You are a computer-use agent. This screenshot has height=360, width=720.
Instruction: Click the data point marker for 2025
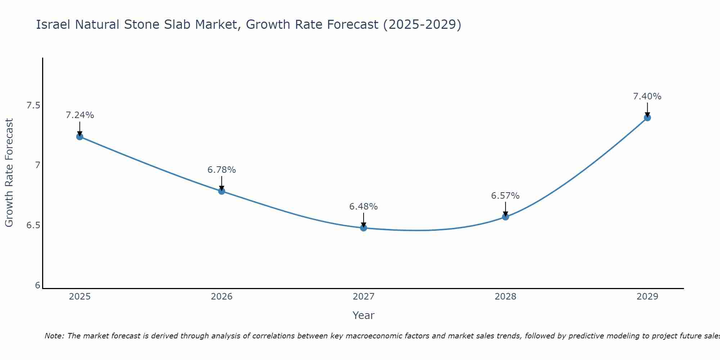[x=80, y=136]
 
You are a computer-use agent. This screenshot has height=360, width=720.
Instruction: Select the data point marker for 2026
[x=221, y=191]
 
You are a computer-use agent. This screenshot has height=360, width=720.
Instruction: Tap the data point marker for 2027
[x=363, y=228]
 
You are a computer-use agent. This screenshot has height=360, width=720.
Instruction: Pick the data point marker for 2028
[x=505, y=217]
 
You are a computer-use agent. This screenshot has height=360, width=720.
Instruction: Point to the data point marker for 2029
[x=647, y=117]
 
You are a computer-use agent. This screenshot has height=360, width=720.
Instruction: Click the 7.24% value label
[x=80, y=115]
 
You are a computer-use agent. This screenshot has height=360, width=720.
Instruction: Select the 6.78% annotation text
[x=221, y=170]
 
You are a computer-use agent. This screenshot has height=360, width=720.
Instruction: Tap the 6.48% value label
[x=363, y=207]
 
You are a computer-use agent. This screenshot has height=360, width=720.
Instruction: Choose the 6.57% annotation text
[x=505, y=196]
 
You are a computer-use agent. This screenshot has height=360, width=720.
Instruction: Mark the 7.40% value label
[x=647, y=96]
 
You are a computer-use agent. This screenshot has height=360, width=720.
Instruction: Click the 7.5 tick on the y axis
[x=33, y=105]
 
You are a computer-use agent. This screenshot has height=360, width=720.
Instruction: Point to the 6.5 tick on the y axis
[x=33, y=225]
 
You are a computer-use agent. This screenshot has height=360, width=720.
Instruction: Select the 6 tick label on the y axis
[x=37, y=285]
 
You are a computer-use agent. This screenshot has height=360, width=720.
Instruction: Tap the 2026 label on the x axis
[x=221, y=297]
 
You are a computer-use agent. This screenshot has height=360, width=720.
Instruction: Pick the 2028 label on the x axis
[x=505, y=297]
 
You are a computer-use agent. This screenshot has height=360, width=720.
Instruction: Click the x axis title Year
[x=363, y=315]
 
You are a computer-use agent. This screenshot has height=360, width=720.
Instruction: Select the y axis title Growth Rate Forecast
[x=9, y=173]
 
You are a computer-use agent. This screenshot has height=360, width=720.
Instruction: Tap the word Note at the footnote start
[x=54, y=336]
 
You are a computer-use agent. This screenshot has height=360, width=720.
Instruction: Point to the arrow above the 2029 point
[x=647, y=109]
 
